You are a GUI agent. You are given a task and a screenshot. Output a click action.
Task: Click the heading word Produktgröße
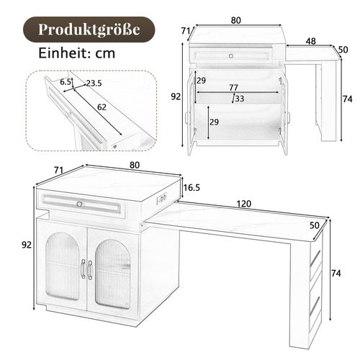(87, 30)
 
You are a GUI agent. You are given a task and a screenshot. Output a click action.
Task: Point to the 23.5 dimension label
(93, 83)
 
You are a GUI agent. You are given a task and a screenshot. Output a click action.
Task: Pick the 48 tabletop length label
(310, 42)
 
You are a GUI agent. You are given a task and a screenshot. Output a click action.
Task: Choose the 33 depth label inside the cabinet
(239, 99)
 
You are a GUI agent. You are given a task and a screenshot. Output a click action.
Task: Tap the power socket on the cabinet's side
(163, 197)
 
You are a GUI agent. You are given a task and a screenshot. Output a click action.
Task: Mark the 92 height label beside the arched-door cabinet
(27, 245)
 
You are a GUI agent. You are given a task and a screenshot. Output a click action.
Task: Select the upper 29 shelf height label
(201, 80)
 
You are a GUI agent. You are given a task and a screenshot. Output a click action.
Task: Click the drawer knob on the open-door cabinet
(231, 55)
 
